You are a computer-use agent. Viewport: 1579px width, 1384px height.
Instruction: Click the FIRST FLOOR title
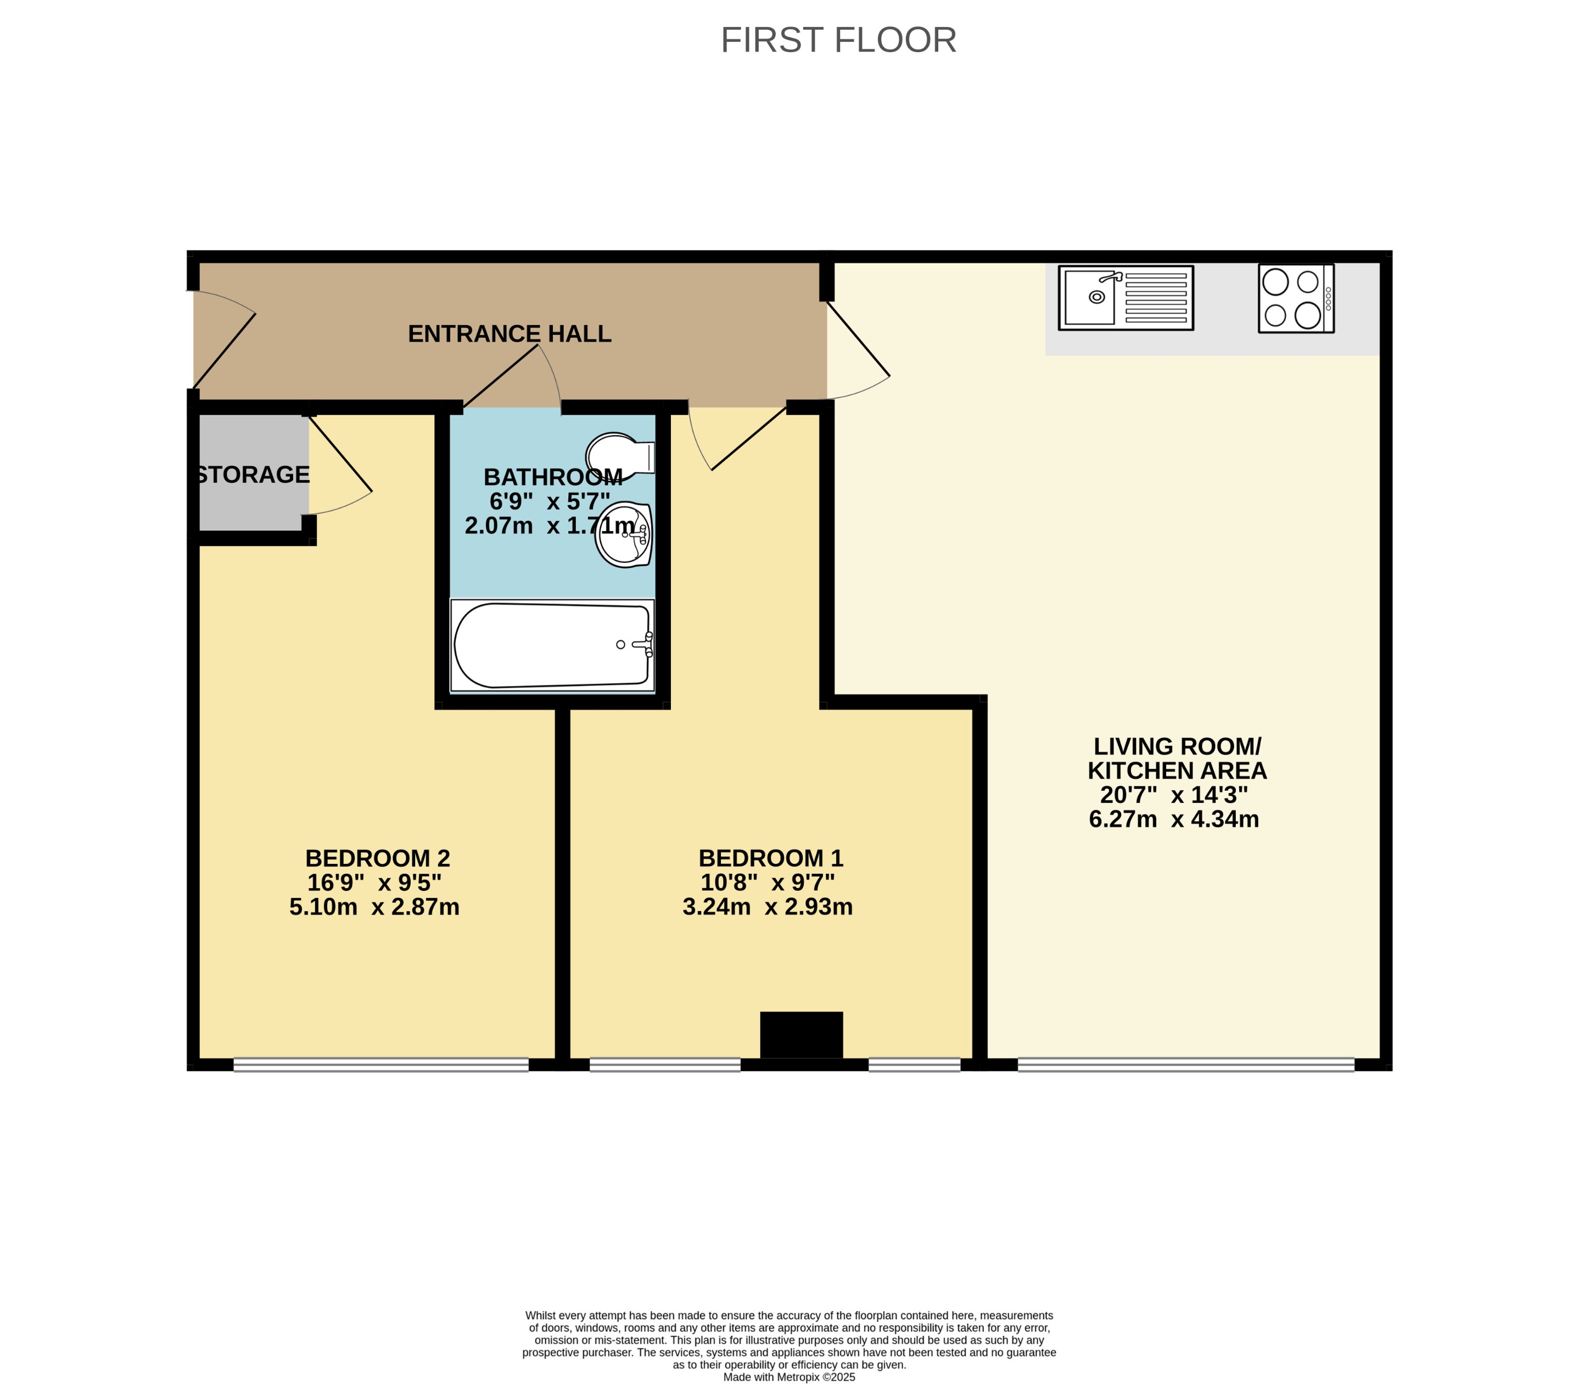[838, 40]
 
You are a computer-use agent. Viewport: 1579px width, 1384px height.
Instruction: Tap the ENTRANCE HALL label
[509, 334]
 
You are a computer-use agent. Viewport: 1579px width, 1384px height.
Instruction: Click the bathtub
[552, 645]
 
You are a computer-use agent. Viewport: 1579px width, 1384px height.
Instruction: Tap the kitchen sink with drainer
[1125, 297]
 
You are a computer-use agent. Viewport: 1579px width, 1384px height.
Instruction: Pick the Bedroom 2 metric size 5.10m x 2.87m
[374, 907]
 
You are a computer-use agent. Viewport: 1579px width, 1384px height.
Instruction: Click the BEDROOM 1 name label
[771, 858]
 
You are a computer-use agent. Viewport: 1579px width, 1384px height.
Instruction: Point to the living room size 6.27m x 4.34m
[1174, 819]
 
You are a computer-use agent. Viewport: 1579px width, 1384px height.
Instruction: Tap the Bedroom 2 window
[380, 1064]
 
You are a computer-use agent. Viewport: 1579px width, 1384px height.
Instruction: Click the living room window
[1185, 1064]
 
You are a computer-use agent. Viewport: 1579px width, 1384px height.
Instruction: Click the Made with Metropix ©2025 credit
[789, 1376]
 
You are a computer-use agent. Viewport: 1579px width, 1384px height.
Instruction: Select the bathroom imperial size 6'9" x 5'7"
[550, 501]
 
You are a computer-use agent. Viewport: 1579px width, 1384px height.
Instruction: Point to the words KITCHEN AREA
[1177, 770]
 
